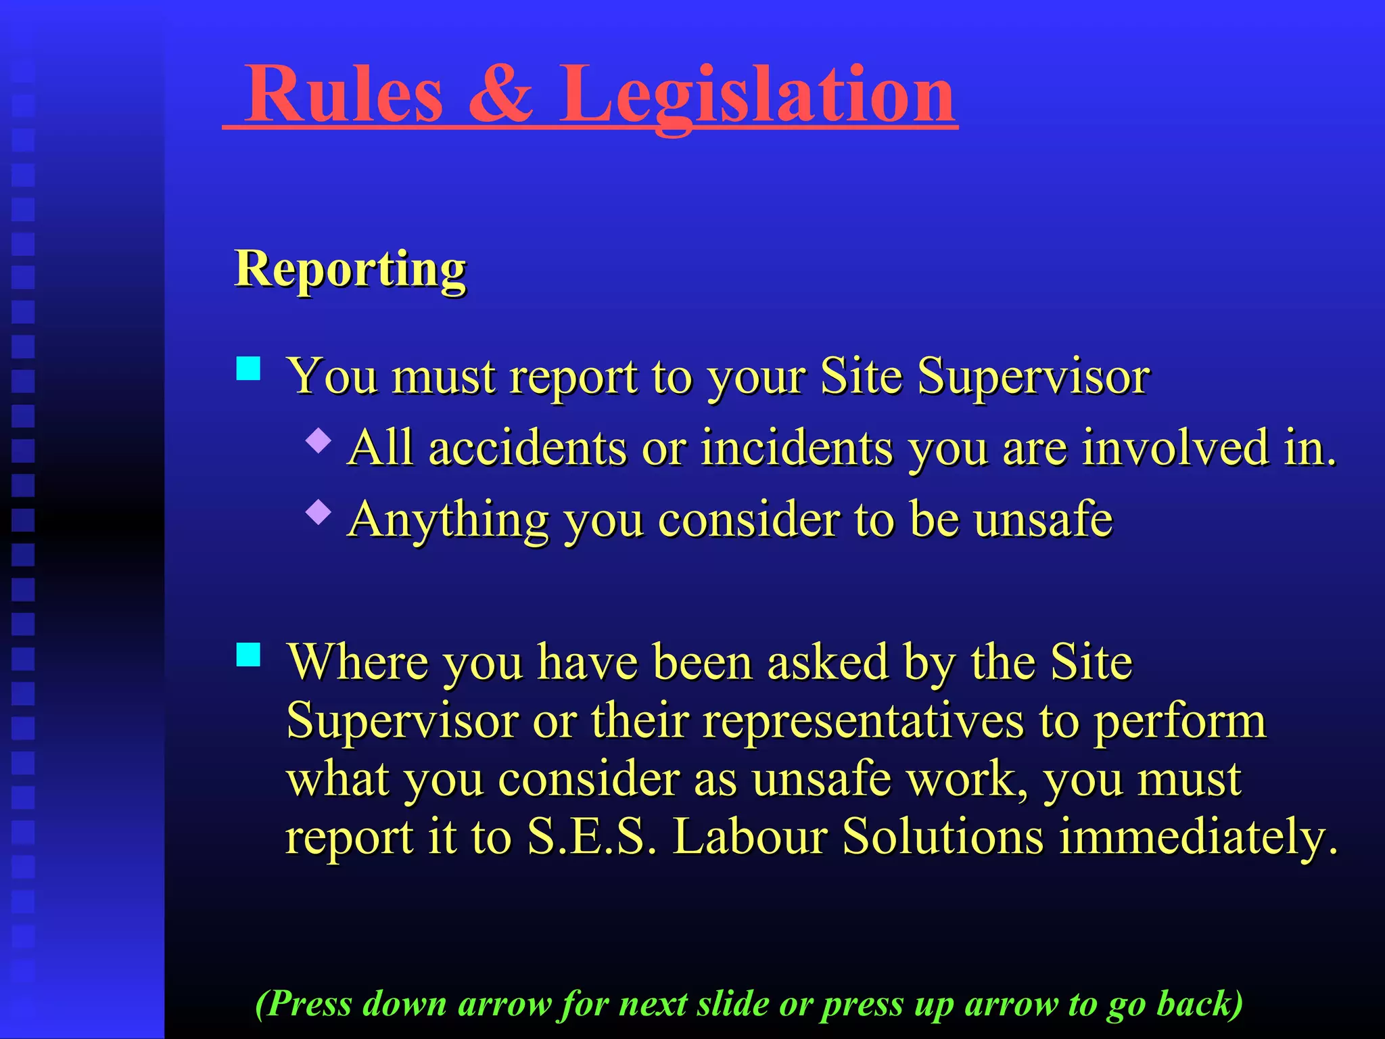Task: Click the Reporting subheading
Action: coord(350,269)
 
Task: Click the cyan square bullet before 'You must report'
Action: coord(249,369)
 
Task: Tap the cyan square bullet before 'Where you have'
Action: coord(249,654)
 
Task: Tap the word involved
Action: coord(1175,448)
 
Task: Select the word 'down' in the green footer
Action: coord(404,1004)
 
